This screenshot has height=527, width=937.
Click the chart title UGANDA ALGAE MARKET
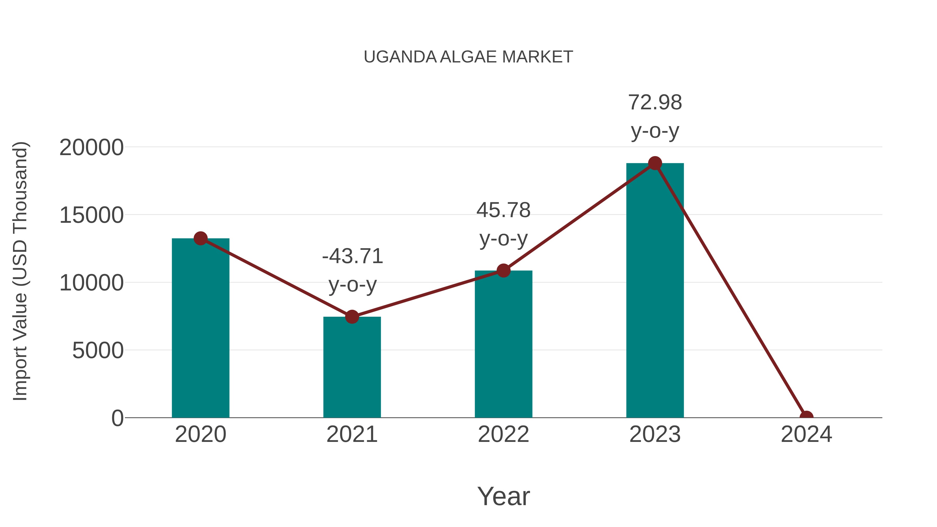coord(468,57)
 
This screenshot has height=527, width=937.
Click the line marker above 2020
coord(200,239)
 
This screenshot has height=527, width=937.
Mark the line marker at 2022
coord(503,271)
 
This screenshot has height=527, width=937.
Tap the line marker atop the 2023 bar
coord(655,163)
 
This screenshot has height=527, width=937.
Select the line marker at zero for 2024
coord(806,417)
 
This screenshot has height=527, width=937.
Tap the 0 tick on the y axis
coord(117,418)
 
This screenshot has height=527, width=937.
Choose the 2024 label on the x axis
coord(806,434)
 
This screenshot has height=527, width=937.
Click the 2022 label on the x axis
coord(503,434)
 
